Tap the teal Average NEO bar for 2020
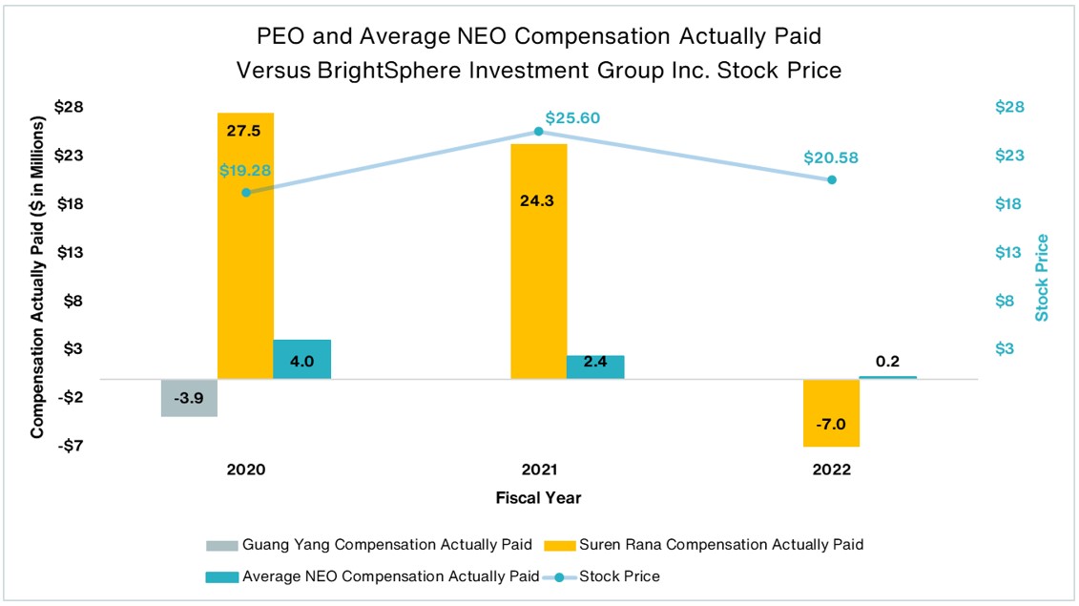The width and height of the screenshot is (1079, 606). [x=301, y=360]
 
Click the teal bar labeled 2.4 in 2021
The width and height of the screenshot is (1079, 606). [x=595, y=367]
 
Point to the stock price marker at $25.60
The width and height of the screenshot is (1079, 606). [x=538, y=131]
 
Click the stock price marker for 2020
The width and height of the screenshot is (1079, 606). [x=246, y=193]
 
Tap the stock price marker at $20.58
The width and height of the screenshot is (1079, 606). [x=831, y=179]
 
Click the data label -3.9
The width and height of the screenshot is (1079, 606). [x=189, y=397]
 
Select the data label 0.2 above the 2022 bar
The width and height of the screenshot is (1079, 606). [x=887, y=361]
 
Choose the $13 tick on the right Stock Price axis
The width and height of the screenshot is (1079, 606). [x=1009, y=252]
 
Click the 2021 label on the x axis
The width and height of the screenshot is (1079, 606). [x=538, y=470]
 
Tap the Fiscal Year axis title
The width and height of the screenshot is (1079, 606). [x=538, y=498]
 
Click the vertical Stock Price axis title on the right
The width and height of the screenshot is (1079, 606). [x=1042, y=277]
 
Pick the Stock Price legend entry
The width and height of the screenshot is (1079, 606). [x=619, y=575]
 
